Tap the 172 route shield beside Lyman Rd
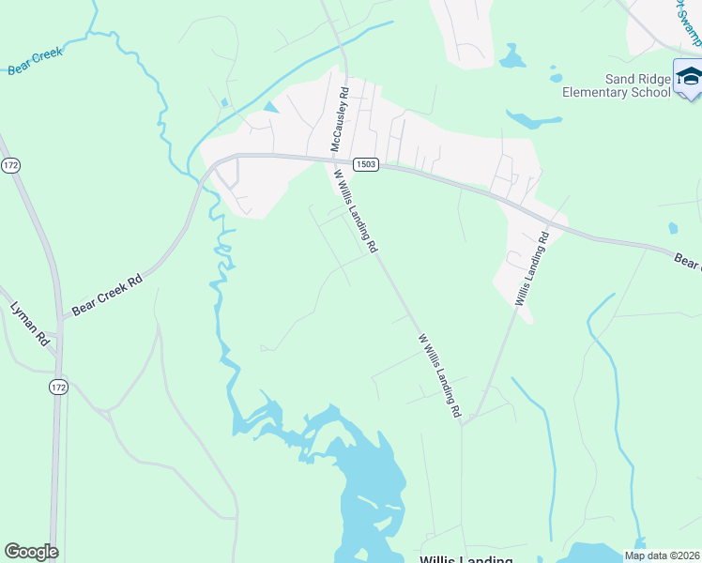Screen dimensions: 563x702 [58, 387]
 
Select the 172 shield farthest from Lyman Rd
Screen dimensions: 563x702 [10, 165]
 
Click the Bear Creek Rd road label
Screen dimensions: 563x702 [107, 294]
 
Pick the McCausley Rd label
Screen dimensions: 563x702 [339, 119]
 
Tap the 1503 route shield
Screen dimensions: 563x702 [366, 164]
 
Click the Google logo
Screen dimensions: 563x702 [31, 551]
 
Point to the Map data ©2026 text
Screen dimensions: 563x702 [662, 555]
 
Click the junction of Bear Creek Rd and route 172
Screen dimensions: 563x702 [61, 318]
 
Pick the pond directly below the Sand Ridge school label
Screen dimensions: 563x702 [533, 119]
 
